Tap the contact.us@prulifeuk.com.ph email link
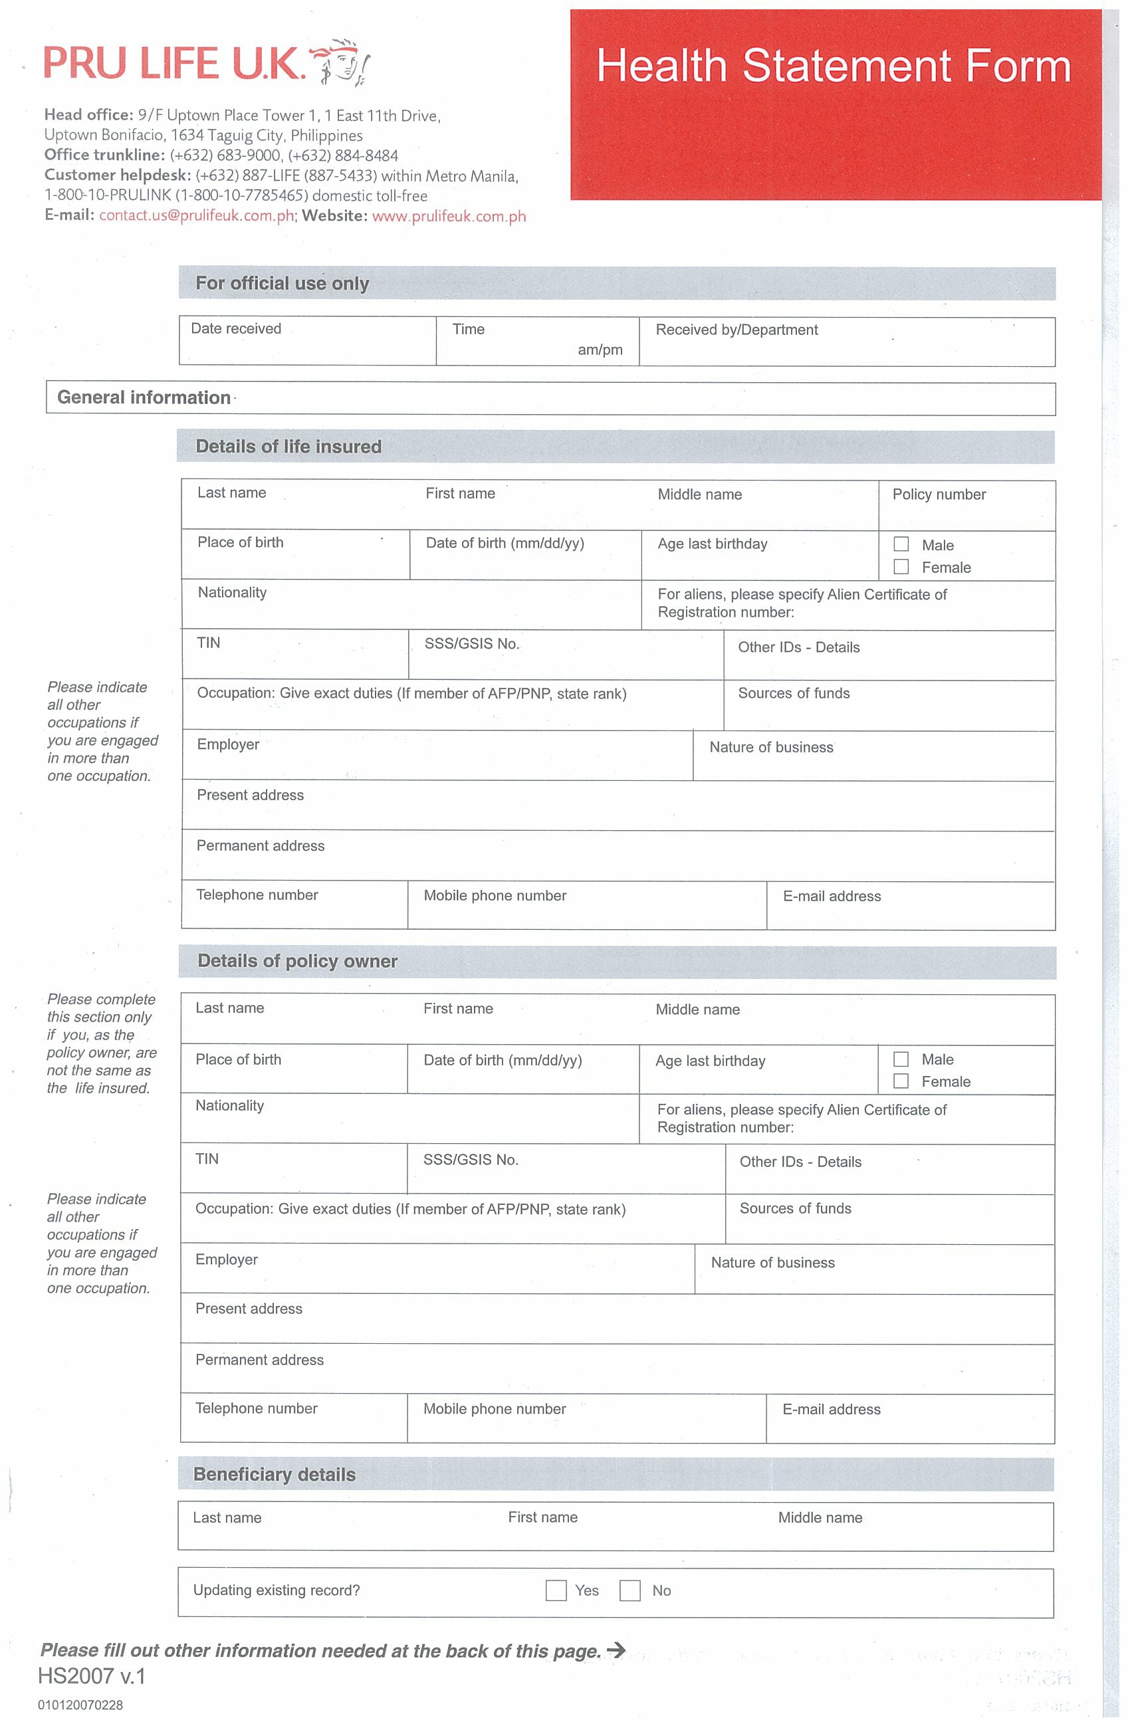(196, 215)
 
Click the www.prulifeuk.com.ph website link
(449, 217)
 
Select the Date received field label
(235, 329)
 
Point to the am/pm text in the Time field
(600, 350)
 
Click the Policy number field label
(939, 495)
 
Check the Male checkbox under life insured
(901, 544)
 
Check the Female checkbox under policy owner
(901, 1082)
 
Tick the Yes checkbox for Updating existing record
(556, 1591)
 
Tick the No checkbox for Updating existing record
(629, 1591)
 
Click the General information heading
(144, 398)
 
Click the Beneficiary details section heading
(274, 1475)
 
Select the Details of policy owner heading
(297, 961)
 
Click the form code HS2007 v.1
(92, 1676)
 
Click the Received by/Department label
(736, 330)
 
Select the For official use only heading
(282, 284)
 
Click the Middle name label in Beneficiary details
(820, 1518)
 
